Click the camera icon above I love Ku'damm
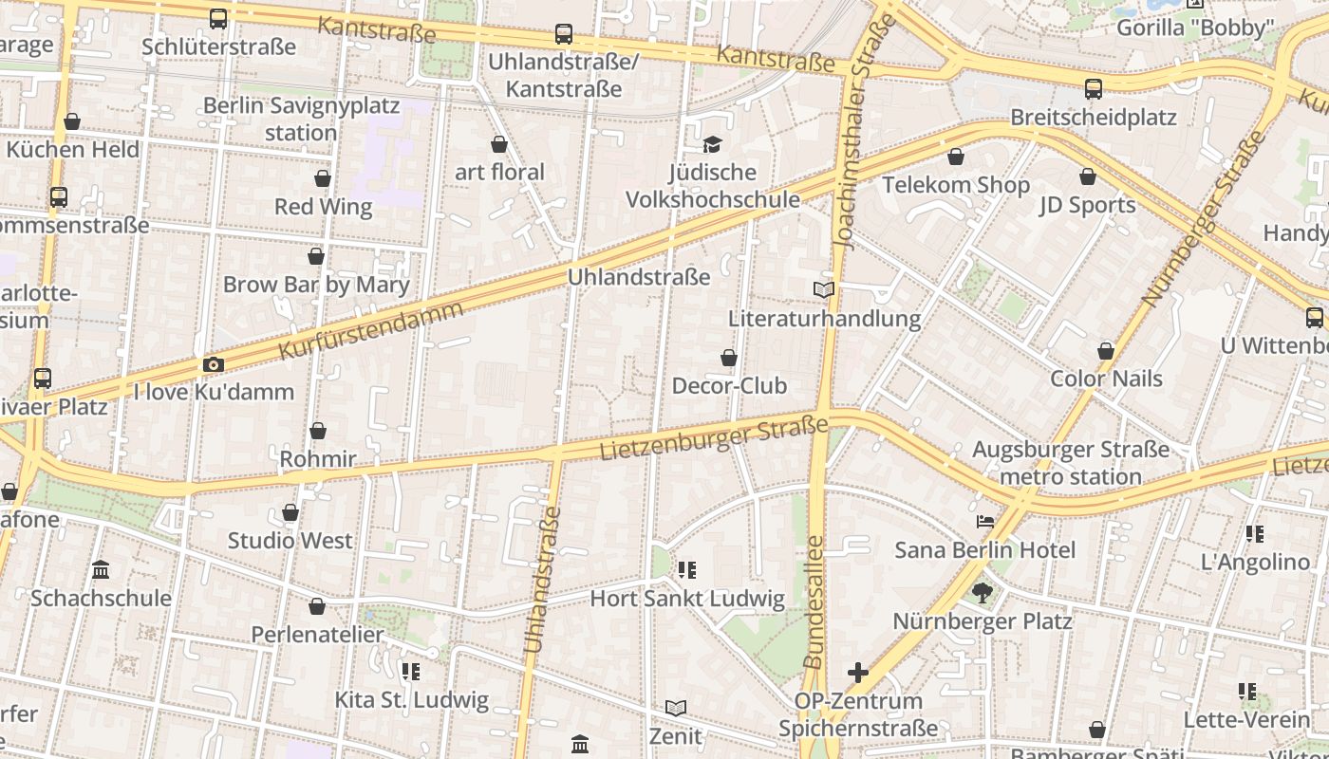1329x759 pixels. click(x=214, y=364)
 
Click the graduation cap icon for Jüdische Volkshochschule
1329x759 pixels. click(x=712, y=144)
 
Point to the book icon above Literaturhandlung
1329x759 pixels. click(x=824, y=289)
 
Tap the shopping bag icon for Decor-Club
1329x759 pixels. click(x=729, y=358)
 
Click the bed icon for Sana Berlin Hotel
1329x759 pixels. click(x=985, y=522)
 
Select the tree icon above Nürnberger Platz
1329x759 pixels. click(x=982, y=593)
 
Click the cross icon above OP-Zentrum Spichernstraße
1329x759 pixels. click(x=858, y=673)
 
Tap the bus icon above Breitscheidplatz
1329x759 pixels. click(x=1094, y=89)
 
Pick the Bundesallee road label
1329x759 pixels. click(x=814, y=602)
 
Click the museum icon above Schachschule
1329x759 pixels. click(x=101, y=569)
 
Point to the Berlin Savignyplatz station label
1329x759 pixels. click(x=301, y=119)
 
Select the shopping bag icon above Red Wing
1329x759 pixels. click(x=323, y=178)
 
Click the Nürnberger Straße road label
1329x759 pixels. click(x=1204, y=218)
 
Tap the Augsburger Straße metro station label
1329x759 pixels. click(x=1071, y=462)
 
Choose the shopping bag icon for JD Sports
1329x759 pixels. click(x=1088, y=176)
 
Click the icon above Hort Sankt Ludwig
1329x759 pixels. click(x=687, y=570)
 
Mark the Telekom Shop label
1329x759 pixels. click(x=956, y=185)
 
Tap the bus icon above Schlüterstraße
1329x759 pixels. click(x=218, y=18)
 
